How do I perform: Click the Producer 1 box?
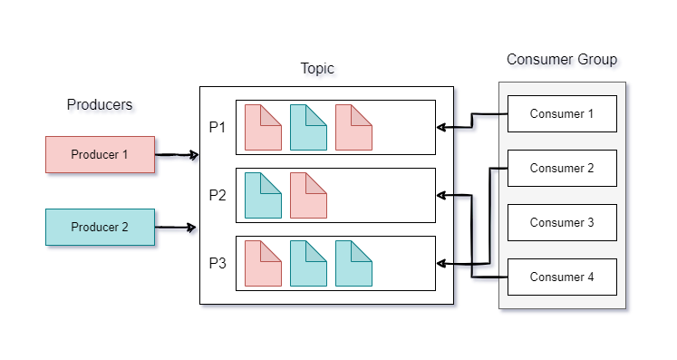point(100,154)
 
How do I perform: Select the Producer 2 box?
point(100,227)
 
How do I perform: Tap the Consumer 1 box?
point(562,113)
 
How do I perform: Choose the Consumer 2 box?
point(562,168)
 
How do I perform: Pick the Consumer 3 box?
point(562,222)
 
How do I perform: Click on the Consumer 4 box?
point(562,277)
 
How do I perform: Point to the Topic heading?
point(318,69)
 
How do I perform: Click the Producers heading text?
point(100,104)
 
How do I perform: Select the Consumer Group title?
point(562,60)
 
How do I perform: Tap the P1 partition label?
point(218,127)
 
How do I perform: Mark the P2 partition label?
point(218,195)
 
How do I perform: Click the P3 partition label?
point(218,263)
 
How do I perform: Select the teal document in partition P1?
point(308,127)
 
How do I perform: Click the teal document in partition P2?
point(263,195)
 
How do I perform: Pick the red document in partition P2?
point(308,195)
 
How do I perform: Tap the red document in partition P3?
point(263,263)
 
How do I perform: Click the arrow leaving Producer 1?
point(177,155)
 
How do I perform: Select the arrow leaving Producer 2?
point(177,227)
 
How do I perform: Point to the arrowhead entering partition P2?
point(440,195)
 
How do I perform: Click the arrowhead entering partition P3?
point(440,264)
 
